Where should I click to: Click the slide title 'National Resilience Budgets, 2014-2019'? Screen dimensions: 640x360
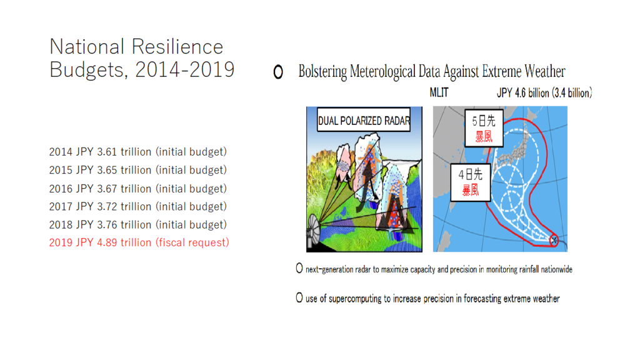[x=142, y=58]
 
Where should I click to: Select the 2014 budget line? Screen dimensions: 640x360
[x=138, y=152]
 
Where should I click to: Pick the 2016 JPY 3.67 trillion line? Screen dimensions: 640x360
[x=138, y=189]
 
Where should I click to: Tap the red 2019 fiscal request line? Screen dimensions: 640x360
[x=139, y=242]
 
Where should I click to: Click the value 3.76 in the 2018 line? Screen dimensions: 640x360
[x=107, y=224]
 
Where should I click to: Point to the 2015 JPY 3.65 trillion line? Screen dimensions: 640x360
[x=138, y=170]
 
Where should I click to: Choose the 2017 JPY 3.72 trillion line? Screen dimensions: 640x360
[x=138, y=206]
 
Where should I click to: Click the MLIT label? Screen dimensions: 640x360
[x=439, y=93]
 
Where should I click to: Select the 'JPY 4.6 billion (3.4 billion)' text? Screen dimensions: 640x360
[x=544, y=93]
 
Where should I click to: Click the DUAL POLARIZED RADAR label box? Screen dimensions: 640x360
[x=364, y=119]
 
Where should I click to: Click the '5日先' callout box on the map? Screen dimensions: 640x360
[x=484, y=128]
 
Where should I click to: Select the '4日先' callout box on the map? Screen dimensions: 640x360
[x=471, y=182]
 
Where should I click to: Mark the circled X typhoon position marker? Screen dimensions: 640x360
[x=554, y=241]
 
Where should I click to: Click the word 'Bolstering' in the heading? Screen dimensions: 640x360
[x=322, y=71]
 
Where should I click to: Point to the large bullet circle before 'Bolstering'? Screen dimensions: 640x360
[x=278, y=72]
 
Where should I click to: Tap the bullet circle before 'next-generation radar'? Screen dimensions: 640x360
[x=299, y=268]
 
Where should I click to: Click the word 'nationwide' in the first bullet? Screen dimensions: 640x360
[x=557, y=269]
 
